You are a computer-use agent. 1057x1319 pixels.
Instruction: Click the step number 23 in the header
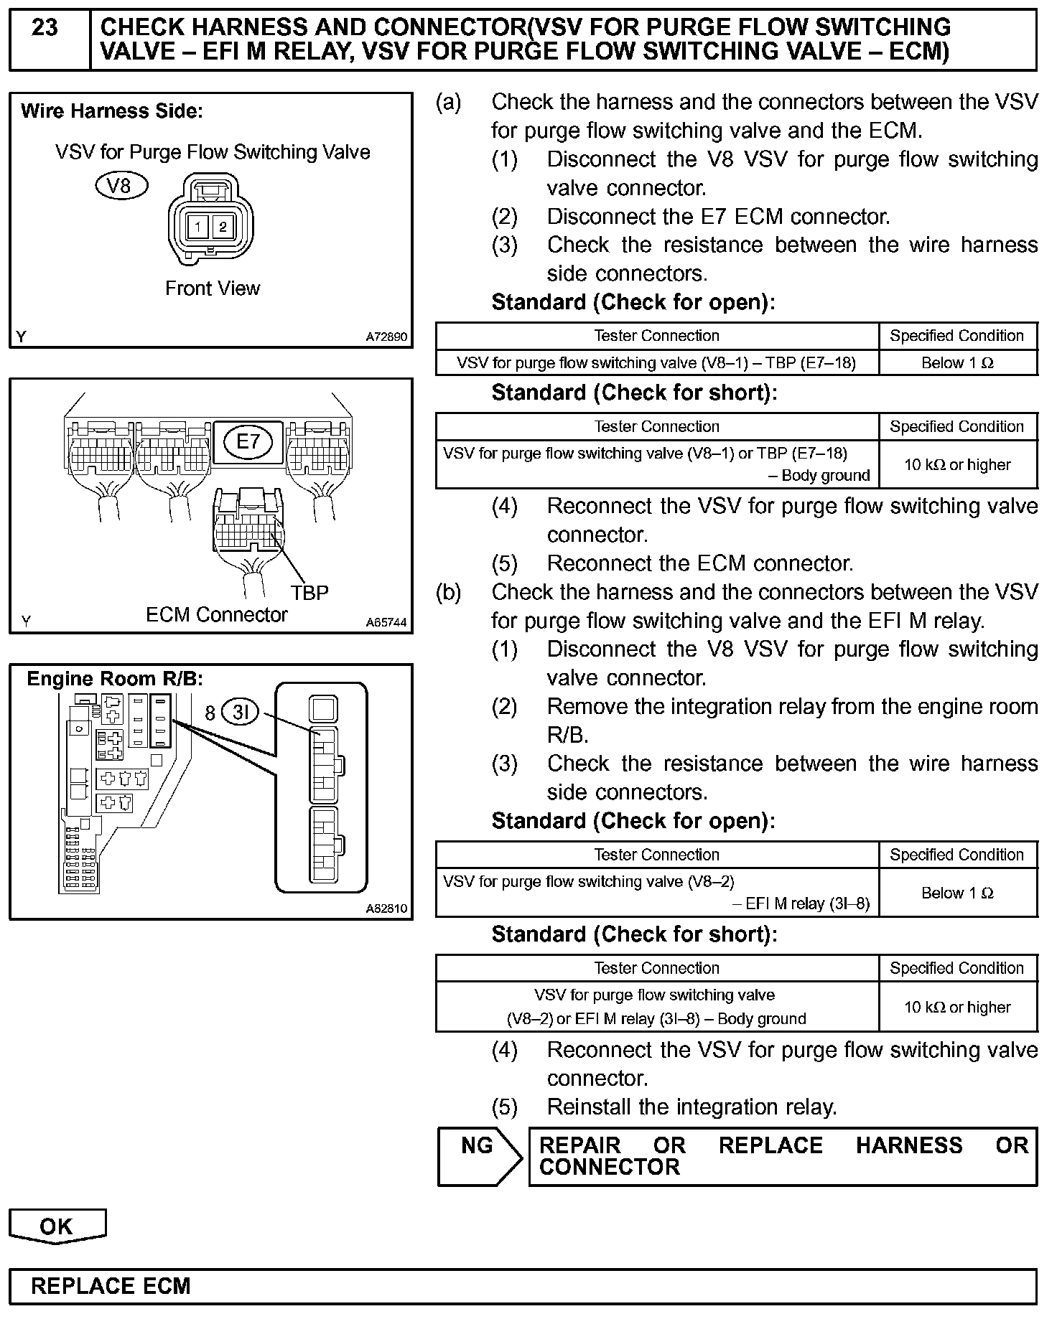tap(45, 28)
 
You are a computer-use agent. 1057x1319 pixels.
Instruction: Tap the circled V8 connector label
tap(121, 185)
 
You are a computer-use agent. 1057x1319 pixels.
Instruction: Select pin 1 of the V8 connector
tap(197, 227)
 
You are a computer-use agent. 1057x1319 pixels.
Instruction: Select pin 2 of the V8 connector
tap(223, 227)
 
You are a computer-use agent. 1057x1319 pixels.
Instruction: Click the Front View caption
tap(213, 288)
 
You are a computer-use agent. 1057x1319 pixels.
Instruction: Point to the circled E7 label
tap(248, 441)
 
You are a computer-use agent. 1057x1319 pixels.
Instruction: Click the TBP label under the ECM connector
tap(309, 593)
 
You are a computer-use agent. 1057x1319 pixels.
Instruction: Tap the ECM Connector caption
tap(216, 615)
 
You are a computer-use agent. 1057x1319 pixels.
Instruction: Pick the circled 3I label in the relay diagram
tap(240, 712)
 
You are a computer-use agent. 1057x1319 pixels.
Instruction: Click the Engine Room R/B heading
tap(115, 679)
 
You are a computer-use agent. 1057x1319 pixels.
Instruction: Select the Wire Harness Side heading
tap(112, 111)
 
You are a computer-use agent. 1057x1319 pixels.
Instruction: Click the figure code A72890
tap(386, 337)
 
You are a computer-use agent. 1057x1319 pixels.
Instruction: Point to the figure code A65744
tap(386, 622)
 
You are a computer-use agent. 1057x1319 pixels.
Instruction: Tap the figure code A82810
tap(386, 908)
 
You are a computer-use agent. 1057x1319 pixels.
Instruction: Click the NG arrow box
tap(478, 1157)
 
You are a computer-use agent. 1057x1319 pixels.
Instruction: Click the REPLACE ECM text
tap(111, 1286)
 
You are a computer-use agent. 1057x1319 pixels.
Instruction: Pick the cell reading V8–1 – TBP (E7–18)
tap(656, 363)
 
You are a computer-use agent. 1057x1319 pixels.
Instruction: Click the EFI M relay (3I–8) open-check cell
tap(656, 893)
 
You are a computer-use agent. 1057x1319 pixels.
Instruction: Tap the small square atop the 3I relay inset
tap(323, 710)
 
